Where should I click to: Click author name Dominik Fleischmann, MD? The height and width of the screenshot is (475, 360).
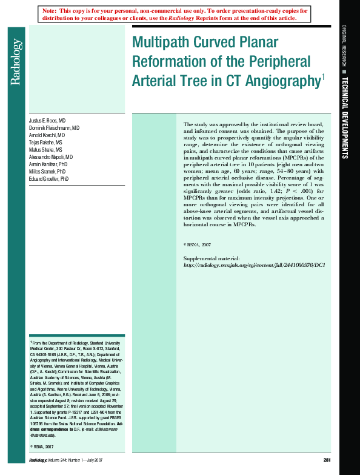coord(55,129)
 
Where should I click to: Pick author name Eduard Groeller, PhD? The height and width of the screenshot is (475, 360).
coord(49,180)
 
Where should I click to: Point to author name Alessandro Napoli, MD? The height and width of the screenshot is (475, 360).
coord(52,158)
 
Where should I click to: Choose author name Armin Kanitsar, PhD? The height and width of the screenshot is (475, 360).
coord(48,165)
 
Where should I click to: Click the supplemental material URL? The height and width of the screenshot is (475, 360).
coord(255,265)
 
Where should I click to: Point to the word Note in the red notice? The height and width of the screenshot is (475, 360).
coord(50,11)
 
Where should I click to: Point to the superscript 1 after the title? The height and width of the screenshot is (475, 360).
coord(323,76)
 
